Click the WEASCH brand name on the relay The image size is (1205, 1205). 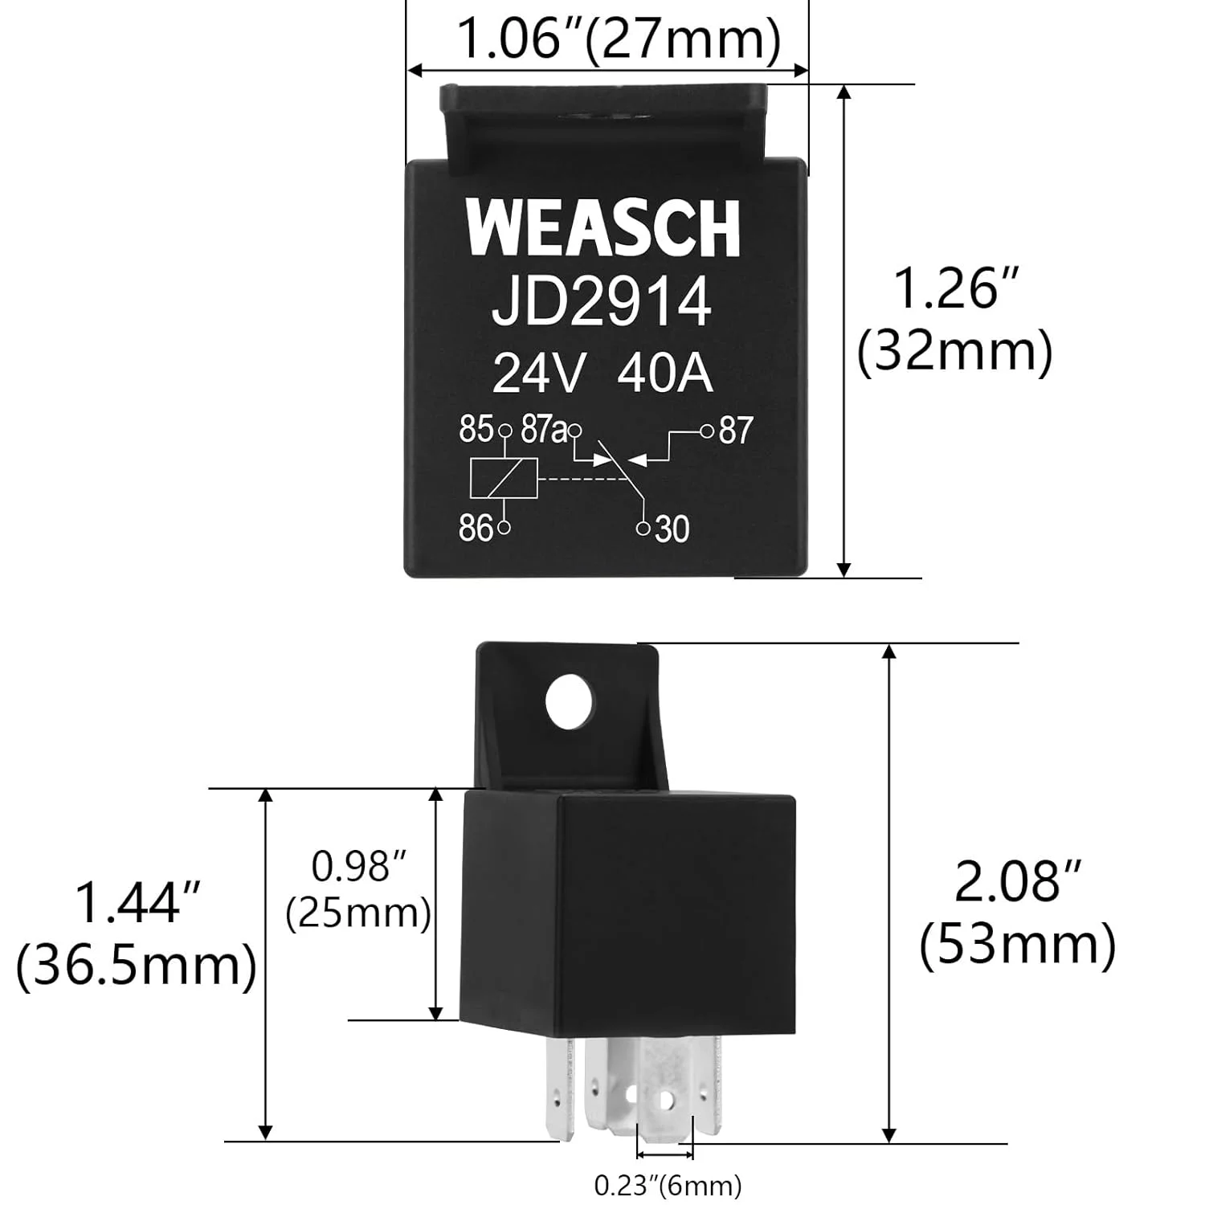(x=602, y=228)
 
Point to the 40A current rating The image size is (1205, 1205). (x=665, y=374)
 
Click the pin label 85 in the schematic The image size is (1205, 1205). (x=476, y=430)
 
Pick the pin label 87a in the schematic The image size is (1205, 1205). (x=544, y=430)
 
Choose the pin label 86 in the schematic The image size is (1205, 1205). (x=476, y=529)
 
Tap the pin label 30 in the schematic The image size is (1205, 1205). (x=672, y=529)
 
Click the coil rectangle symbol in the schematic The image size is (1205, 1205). (x=504, y=479)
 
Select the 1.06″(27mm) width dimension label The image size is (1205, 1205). (x=619, y=38)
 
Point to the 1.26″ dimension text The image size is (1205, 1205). (x=956, y=289)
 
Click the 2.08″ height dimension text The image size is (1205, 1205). (x=1019, y=881)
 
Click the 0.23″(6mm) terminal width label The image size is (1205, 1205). (x=668, y=1185)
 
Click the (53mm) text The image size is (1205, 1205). (x=1018, y=945)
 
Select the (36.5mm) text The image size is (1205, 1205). (x=137, y=966)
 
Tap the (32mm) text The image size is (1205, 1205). (x=955, y=352)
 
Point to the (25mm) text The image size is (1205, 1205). (x=359, y=914)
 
